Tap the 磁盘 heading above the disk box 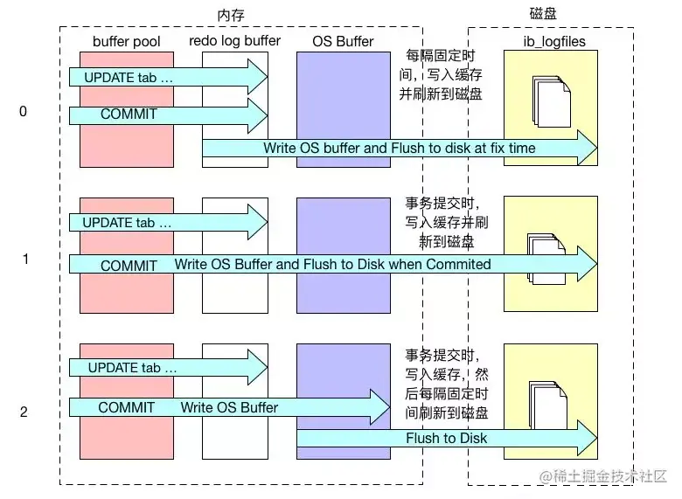(x=544, y=14)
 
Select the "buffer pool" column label (x=128, y=41)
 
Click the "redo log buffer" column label (x=234, y=41)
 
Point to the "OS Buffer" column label (x=343, y=41)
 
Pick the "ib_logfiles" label (x=550, y=41)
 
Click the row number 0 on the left (x=24, y=111)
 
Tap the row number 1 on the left (x=25, y=259)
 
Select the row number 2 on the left (x=24, y=411)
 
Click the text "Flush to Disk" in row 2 (x=446, y=438)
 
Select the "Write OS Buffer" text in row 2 (x=229, y=407)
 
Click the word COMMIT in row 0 (x=129, y=114)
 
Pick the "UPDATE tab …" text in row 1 (x=128, y=223)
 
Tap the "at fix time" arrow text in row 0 (x=503, y=149)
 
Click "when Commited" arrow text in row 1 (x=448, y=264)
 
